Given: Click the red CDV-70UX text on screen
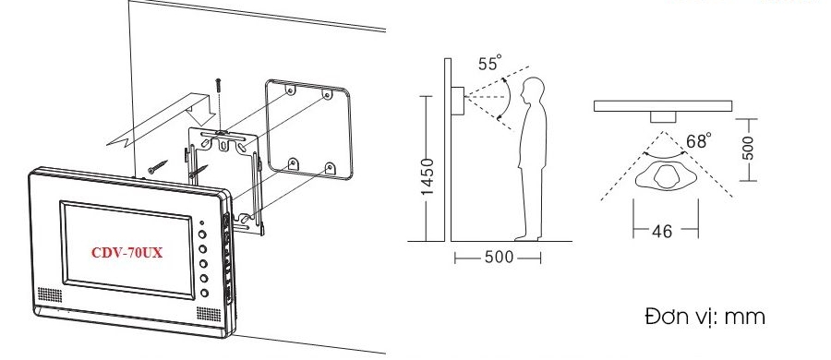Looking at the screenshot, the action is pyautogui.click(x=127, y=253).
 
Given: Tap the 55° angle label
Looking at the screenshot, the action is pyautogui.click(x=489, y=63).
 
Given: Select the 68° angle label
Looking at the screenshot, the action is pyautogui.click(x=699, y=141).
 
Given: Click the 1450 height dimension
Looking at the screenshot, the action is pyautogui.click(x=428, y=176).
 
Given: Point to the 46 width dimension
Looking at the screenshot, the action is pyautogui.click(x=661, y=231).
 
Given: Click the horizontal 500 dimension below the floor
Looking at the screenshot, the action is pyautogui.click(x=500, y=258).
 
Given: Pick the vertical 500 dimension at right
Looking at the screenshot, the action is pyautogui.click(x=748, y=148).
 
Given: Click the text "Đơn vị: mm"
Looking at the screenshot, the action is pyautogui.click(x=705, y=317).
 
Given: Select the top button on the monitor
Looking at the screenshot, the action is pyautogui.click(x=203, y=234).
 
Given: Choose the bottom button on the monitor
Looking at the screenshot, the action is pyautogui.click(x=204, y=293).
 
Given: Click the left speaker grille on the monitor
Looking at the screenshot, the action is pyautogui.click(x=49, y=294).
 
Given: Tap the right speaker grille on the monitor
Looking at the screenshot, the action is pyautogui.click(x=209, y=315).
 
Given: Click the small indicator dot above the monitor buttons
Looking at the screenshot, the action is pyautogui.click(x=202, y=222).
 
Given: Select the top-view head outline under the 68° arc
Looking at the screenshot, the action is pyautogui.click(x=666, y=175).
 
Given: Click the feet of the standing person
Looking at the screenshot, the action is pyautogui.click(x=528, y=238).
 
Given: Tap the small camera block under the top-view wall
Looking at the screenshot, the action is pyautogui.click(x=663, y=117).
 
